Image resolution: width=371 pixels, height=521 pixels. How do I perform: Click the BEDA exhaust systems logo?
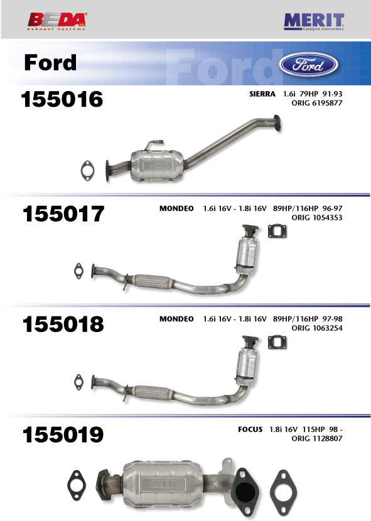(x=57, y=21)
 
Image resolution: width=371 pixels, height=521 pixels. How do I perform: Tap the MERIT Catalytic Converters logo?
(x=314, y=22)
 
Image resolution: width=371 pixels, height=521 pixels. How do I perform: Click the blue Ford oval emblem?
(x=308, y=65)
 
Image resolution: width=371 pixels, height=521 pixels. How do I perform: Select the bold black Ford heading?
(x=50, y=63)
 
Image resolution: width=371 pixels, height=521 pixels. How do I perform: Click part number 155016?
(x=62, y=99)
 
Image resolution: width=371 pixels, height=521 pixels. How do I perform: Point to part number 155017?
(x=63, y=213)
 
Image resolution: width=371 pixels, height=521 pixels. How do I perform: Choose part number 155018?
(x=63, y=324)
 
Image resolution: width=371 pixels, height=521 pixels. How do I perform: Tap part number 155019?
(x=63, y=434)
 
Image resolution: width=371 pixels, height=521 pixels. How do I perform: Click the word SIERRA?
(x=262, y=94)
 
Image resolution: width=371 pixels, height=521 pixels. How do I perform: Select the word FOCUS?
(x=250, y=429)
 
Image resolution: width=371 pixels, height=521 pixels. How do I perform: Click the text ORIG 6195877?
(x=317, y=103)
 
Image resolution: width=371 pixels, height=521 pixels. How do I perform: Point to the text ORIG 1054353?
(x=317, y=218)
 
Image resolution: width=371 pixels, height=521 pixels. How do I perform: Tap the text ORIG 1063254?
(x=317, y=328)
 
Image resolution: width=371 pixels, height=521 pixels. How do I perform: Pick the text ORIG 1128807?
(x=317, y=439)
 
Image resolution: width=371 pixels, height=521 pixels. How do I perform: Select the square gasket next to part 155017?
(x=277, y=232)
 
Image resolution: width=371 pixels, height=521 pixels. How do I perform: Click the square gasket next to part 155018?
(x=277, y=343)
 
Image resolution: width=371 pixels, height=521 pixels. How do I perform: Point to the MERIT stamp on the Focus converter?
(x=164, y=484)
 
